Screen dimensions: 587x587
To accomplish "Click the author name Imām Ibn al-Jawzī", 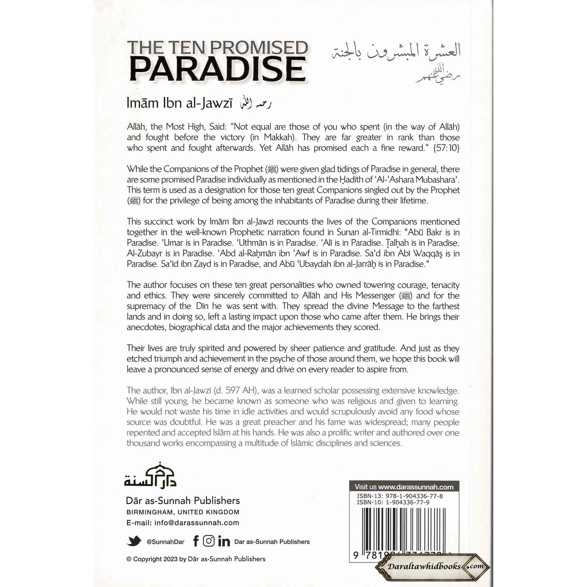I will (179, 103).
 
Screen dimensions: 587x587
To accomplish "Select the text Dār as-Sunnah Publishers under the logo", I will (183, 501).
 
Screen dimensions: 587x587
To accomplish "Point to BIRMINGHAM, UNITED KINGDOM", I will (183, 512).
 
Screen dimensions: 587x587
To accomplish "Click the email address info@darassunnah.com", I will (197, 523).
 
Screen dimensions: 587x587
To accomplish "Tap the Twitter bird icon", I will (134, 541).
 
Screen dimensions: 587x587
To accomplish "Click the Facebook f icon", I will (196, 541).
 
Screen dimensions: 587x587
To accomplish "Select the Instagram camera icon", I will (208, 541).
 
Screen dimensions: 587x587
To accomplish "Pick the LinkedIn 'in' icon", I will (224, 542).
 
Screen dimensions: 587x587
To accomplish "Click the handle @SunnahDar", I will (165, 542).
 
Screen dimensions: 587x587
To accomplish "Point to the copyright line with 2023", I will (196, 559).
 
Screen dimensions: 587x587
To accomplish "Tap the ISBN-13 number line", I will (400, 496).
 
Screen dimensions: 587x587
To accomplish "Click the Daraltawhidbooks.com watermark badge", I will (433, 566).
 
